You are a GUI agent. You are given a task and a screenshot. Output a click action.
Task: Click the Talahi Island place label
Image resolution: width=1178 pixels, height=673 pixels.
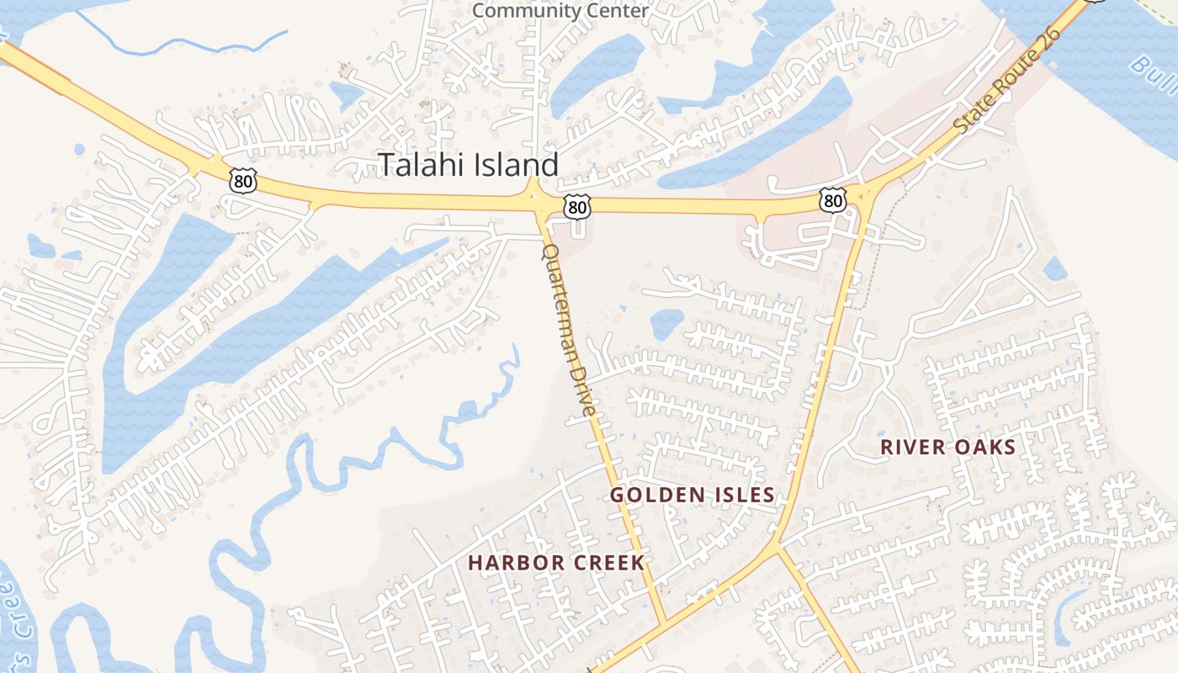pos(468,164)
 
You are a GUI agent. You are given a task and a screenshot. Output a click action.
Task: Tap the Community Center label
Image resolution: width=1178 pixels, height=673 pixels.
pos(560,11)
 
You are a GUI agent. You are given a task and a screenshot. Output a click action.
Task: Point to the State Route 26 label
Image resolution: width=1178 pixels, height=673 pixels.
pos(1006,83)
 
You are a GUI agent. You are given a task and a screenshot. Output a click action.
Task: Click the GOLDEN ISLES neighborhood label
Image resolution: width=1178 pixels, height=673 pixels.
pos(692,495)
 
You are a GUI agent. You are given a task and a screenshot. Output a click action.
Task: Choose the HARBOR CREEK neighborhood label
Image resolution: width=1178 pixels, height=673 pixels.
pos(556,563)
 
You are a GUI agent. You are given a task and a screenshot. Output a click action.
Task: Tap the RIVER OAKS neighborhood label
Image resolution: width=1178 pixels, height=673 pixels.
pos(948,448)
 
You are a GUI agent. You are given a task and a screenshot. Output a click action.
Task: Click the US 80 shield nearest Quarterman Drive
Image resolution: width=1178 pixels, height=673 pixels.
pos(577,206)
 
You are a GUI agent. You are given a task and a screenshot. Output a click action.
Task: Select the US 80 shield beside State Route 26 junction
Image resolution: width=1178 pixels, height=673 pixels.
pos(832,200)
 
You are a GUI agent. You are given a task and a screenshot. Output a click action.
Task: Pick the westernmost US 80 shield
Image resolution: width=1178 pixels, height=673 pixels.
pos(240,181)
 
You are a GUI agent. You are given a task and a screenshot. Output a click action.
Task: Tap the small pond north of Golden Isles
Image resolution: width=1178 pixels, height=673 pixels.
pos(666,323)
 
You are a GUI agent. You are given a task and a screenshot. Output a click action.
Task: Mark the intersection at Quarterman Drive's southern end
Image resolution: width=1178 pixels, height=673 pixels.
pos(664,623)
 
